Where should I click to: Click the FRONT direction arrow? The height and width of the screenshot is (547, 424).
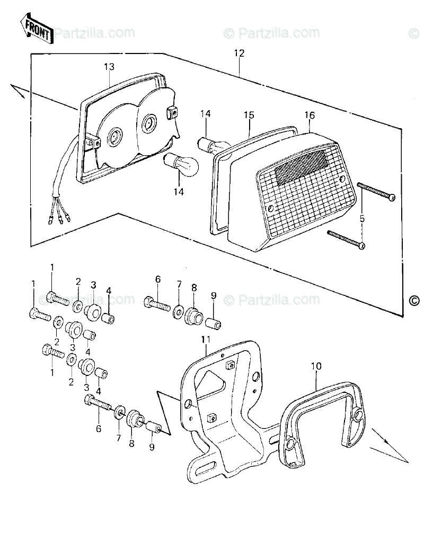point(36,30)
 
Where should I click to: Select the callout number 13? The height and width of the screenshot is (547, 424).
point(109,66)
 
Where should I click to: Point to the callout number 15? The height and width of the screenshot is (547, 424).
point(249,115)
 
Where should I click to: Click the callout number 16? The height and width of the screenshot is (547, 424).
point(310,115)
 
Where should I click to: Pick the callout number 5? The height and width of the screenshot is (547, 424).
point(363,218)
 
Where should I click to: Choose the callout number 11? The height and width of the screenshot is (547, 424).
point(206,339)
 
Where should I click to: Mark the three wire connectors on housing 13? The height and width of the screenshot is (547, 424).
point(61,216)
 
